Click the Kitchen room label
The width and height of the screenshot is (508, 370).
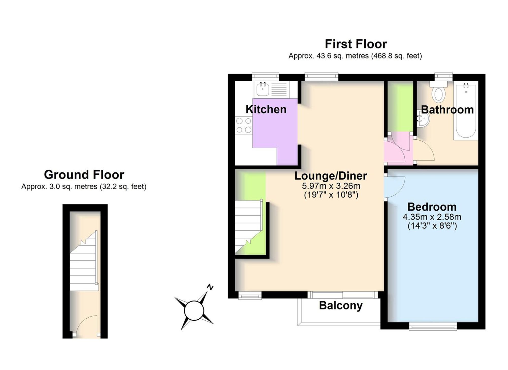[266, 109]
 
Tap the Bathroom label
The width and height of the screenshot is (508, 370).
[447, 110]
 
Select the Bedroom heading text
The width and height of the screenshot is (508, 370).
[432, 207]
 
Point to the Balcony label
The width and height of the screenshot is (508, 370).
[341, 306]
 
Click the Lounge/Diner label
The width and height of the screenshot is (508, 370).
[331, 176]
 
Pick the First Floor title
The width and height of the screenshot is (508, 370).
[356, 44]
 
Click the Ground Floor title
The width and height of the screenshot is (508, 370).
[84, 175]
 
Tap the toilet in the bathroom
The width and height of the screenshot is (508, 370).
[438, 92]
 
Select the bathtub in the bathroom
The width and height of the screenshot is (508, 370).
[466, 111]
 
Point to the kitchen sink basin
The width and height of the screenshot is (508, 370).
[263, 89]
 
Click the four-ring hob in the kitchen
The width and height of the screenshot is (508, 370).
[244, 125]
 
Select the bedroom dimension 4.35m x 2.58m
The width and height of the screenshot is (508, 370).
[432, 217]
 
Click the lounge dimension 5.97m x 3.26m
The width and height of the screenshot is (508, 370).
[331, 186]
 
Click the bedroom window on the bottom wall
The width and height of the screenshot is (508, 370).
[433, 326]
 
